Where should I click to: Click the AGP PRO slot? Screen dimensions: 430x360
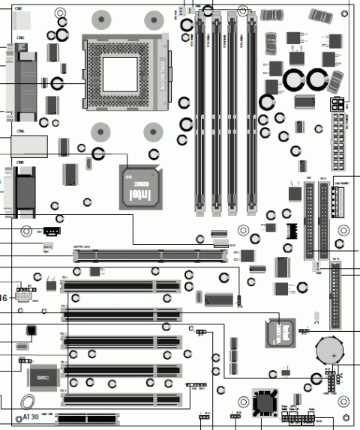(151, 256)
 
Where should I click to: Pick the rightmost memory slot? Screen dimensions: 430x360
(253, 112)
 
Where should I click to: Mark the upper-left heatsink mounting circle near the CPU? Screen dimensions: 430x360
(101, 20)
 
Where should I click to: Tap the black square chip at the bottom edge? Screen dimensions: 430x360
(264, 403)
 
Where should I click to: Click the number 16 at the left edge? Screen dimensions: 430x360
(4, 298)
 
